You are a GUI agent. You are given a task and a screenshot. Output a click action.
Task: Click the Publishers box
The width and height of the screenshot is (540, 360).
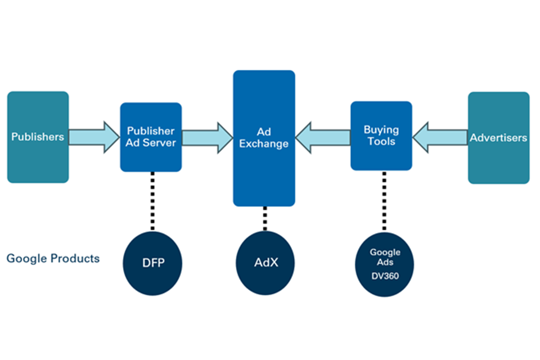38,137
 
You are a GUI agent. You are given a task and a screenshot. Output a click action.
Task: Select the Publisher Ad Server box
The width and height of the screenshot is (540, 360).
151,137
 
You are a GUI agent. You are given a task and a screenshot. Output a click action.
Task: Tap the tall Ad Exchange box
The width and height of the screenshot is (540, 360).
264,138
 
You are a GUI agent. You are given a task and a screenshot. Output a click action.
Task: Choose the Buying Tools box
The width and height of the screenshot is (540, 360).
381,136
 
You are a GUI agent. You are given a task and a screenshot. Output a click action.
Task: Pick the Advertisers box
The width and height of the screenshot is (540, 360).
498,138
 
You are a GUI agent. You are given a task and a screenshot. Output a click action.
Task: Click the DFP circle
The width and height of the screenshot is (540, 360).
151,263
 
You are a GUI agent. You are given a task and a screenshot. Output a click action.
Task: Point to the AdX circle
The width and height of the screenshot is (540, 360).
264,263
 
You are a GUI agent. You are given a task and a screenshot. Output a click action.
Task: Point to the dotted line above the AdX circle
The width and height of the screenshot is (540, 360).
264,218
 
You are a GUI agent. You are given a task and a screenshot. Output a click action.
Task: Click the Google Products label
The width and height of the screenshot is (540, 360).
53,259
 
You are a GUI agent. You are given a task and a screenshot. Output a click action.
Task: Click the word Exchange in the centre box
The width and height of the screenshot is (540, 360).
264,144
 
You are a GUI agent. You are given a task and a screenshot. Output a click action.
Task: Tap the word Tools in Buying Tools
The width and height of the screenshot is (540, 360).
381,141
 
